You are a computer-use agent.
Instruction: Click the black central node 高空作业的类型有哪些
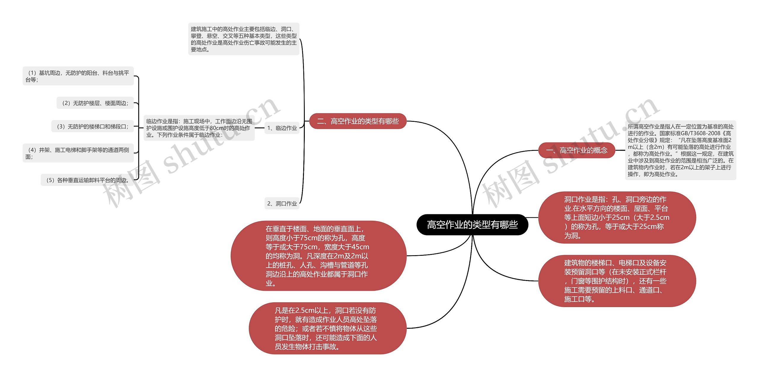[472, 225]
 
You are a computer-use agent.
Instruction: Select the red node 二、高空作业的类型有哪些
[358, 121]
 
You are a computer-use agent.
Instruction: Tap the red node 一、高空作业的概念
[576, 150]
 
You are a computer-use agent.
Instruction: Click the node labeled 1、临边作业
[282, 128]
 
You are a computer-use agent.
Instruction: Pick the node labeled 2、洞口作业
[282, 204]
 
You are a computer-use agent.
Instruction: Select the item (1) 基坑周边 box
[78, 76]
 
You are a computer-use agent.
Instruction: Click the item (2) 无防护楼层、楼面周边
[95, 103]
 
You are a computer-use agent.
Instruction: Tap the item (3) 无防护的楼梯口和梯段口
[93, 127]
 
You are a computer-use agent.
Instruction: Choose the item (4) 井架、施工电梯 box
[78, 153]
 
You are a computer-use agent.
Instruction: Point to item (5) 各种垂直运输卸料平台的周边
[87, 180]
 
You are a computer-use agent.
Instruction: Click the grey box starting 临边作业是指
[199, 128]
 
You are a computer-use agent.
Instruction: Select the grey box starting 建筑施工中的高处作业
[244, 39]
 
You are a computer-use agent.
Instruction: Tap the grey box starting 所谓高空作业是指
[680, 150]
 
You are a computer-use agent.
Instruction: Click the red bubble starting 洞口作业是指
[617, 218]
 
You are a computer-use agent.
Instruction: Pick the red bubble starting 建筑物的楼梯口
[617, 281]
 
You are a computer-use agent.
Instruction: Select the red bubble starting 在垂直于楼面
[318, 256]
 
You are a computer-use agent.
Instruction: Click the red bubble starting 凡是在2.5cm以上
[327, 328]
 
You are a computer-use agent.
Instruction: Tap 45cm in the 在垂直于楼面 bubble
[360, 247]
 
